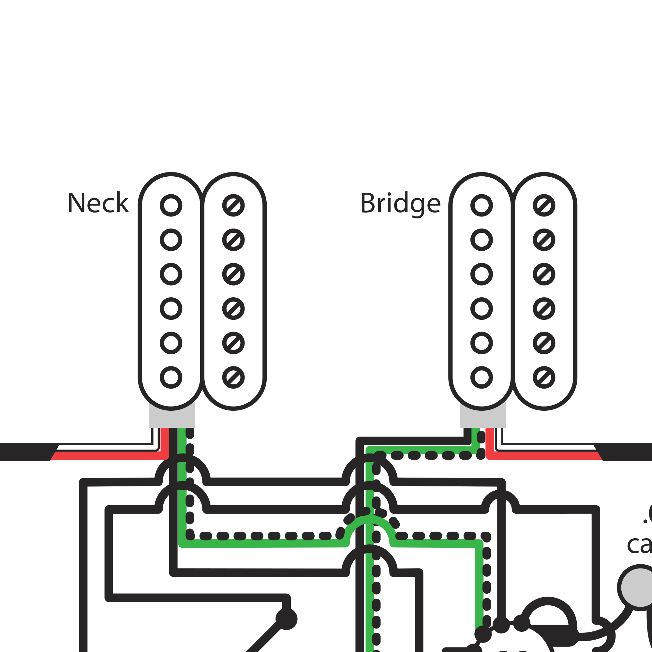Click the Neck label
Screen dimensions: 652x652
(x=98, y=203)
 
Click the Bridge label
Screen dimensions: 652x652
(x=400, y=203)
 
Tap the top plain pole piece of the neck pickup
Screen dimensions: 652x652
(x=171, y=205)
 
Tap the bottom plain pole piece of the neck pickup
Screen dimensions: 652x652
(x=171, y=377)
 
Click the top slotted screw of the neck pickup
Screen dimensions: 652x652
(x=233, y=205)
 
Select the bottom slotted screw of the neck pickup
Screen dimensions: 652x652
(x=233, y=377)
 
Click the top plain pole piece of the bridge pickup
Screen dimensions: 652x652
(x=481, y=205)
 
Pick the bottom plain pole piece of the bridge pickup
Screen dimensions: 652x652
(x=481, y=377)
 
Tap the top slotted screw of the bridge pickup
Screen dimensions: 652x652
(x=544, y=205)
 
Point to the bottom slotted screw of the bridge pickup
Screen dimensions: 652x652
(x=544, y=377)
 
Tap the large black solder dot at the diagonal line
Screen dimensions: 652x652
(x=286, y=619)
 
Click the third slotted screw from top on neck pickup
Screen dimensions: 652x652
(x=233, y=274)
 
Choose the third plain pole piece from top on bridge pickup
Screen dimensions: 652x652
(x=481, y=274)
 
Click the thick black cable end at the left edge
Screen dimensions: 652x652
(x=23, y=452)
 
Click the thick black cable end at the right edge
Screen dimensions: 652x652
(x=628, y=452)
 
